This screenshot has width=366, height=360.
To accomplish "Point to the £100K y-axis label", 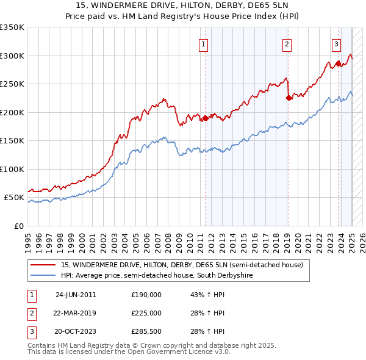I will coord(12,170).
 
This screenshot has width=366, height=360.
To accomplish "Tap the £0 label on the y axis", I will coord(18,226).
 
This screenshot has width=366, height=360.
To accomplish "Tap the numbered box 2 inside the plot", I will coord(287,44).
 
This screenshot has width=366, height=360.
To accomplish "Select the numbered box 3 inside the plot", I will coord(336,44).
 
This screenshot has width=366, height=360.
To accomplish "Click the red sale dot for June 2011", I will coord(205,118).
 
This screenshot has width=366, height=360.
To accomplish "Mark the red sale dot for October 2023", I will coord(338,63).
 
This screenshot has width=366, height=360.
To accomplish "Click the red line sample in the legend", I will coord(43,265).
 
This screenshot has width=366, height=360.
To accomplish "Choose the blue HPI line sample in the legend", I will coord(43,276).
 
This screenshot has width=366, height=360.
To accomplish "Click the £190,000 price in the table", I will coord(146,294).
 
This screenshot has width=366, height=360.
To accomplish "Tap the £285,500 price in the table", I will coord(146,332).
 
